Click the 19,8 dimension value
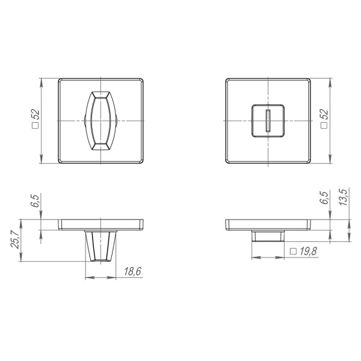307,251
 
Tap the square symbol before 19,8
293,251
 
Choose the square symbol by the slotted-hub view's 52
324,127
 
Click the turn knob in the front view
101,120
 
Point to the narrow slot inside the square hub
268,120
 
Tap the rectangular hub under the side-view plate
268,235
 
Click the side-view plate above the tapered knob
101,224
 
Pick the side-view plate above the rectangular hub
268,224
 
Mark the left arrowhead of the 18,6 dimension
89,278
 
